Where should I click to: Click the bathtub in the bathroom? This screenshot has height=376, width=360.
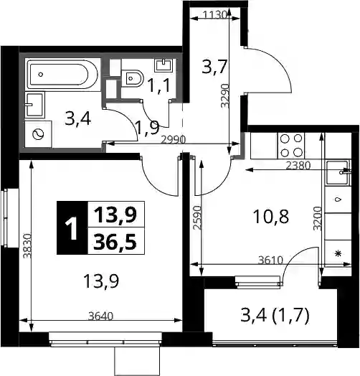coord(62,75)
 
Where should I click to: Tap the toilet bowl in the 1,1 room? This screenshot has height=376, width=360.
coord(132,78)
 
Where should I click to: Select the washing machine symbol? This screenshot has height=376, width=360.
coord(38,134)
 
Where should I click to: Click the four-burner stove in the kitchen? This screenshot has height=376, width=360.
coord(291,146)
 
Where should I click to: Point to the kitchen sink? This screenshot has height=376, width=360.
coord(338,173)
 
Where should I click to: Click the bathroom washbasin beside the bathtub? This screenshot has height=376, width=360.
coord(34,105)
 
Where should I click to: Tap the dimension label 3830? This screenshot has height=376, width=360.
coord(27,246)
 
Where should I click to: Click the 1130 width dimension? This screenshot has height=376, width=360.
coord(214,16)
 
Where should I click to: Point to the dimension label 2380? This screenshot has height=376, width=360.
coord(298,166)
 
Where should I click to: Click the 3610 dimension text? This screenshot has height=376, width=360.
coord(270,260)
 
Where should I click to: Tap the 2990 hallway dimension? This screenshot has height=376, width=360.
coord(174,140)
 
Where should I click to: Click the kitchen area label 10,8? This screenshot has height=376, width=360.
coord(271,217)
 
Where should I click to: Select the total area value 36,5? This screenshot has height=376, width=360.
coord(115,242)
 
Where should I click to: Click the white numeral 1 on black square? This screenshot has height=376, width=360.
coord(72,227)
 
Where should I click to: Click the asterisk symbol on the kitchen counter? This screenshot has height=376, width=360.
coord(338,253)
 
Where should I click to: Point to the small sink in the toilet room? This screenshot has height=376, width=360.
coord(164,65)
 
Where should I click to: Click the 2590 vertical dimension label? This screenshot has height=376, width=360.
coord(197,217)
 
